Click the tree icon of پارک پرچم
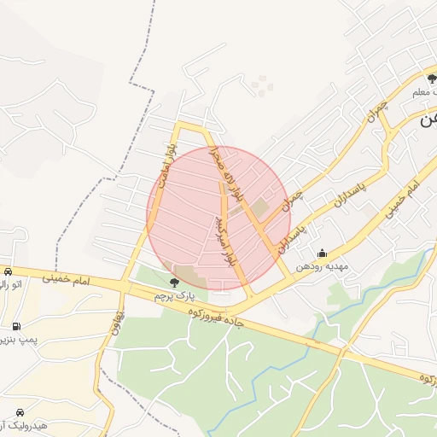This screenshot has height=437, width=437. (x=175, y=282)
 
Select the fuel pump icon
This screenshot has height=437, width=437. (x=16, y=326)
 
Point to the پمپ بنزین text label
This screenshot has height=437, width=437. (x=19, y=341)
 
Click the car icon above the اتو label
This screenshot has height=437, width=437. (x=8, y=271)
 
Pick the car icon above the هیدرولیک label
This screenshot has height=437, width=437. (x=20, y=411)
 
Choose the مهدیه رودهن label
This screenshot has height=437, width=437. (x=323, y=266)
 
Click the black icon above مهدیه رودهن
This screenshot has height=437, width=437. (x=322, y=253)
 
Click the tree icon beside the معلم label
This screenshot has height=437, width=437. (x=432, y=80)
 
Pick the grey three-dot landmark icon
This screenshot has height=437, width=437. (x=259, y=84)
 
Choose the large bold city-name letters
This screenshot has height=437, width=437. (x=427, y=119)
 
